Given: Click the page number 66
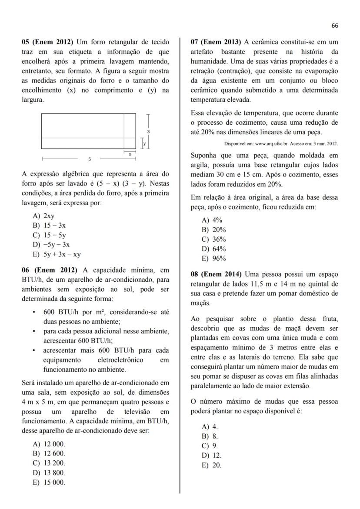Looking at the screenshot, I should click(x=334, y=26).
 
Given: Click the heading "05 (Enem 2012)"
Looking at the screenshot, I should click(x=48, y=42).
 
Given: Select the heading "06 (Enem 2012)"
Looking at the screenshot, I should click(x=48, y=270).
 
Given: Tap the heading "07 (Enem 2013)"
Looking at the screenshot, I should click(x=216, y=42).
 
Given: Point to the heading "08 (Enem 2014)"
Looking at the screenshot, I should click(x=216, y=274).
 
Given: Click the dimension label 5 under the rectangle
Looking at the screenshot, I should click(x=89, y=159).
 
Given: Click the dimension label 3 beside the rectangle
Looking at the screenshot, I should click(x=148, y=131).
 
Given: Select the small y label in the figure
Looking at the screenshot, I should click(x=144, y=143).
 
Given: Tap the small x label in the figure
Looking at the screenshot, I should click(x=130, y=154).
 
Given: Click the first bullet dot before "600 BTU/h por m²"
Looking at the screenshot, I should click(x=34, y=313).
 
